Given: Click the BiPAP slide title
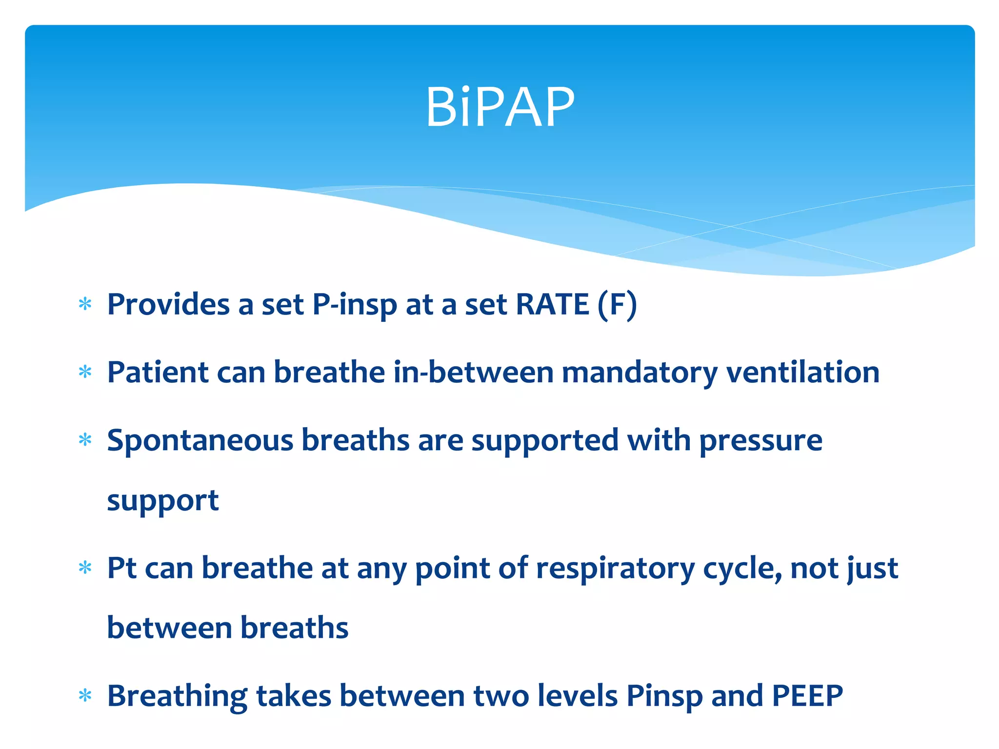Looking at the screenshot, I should coord(499,107).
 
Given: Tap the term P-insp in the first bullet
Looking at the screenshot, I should coord(355,305).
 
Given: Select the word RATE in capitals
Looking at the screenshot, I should coord(552,305).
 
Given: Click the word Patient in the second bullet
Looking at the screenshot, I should coord(158,373).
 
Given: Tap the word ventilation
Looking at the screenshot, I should coord(803,373).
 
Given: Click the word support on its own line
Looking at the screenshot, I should coord(162,501).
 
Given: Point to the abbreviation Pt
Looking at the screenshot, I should coord(121,568).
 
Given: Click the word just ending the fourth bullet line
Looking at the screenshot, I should coord(873,569).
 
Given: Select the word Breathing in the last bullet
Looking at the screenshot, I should coord(177,696).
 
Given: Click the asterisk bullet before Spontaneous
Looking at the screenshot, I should coord(85,440).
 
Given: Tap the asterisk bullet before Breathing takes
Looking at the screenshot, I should coord(85,696).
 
